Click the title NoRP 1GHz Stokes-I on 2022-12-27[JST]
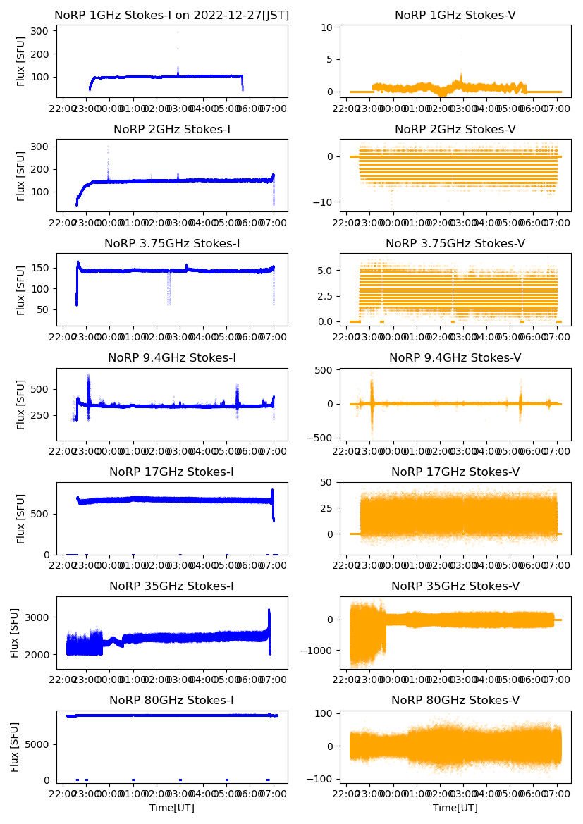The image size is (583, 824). coord(172,15)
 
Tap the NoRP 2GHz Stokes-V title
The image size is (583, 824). coord(455,130)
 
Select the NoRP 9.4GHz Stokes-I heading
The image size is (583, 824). coord(172,358)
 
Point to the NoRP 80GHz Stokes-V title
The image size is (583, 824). coord(455,701)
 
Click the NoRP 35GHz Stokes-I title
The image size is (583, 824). coord(172,586)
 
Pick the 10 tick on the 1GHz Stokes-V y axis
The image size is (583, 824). coord(326,27)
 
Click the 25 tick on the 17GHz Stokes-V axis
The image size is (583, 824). coord(326,508)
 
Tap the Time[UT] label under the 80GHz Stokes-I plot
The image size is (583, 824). coord(172,808)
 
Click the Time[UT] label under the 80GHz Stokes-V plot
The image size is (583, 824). coord(455,808)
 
